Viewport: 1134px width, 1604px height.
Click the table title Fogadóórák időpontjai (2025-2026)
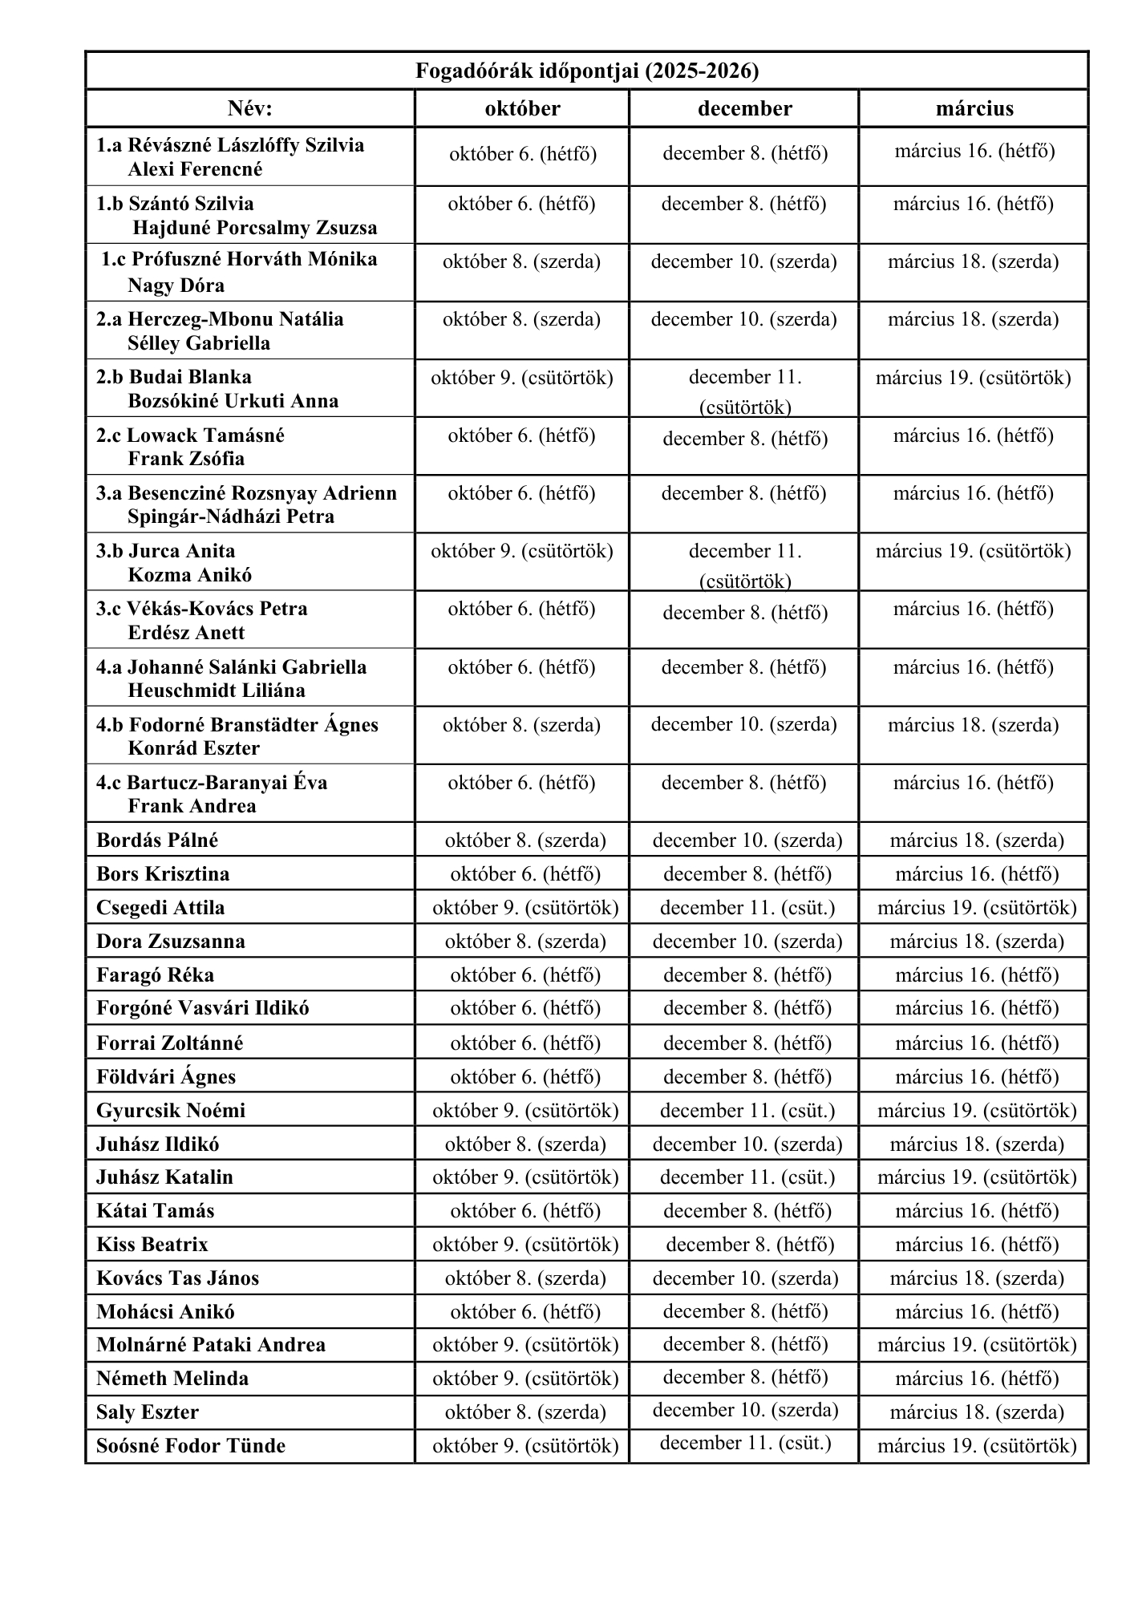pyautogui.click(x=586, y=71)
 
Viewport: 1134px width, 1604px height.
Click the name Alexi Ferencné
pyautogui.click(x=195, y=169)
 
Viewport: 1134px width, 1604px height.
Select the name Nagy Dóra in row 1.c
pyautogui.click(x=176, y=286)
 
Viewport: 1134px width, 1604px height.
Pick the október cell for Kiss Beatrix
pyautogui.click(x=525, y=1245)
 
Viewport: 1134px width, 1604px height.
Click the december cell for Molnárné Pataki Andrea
pyautogui.click(x=745, y=1344)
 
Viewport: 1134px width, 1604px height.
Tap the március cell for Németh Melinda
pyautogui.click(x=976, y=1379)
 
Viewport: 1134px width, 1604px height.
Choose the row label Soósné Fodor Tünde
pyautogui.click(x=191, y=1446)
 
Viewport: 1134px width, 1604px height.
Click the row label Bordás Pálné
pyautogui.click(x=157, y=840)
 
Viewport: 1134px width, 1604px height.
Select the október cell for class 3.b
pyautogui.click(x=521, y=551)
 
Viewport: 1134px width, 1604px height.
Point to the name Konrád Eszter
pyautogui.click(x=193, y=748)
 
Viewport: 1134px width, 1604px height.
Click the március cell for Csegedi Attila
pyautogui.click(x=976, y=908)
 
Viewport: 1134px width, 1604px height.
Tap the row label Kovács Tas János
pyautogui.click(x=177, y=1278)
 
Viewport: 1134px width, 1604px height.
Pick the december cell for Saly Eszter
pyautogui.click(x=745, y=1410)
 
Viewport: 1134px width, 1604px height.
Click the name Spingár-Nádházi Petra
pyautogui.click(x=230, y=516)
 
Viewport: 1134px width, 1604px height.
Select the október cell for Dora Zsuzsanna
pyautogui.click(x=525, y=942)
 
